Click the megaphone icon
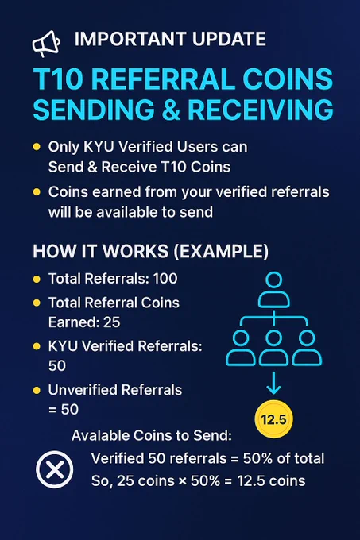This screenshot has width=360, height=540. [46, 44]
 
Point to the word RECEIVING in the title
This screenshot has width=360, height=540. [261, 110]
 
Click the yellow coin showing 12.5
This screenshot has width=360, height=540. [273, 419]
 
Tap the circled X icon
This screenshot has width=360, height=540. [54, 469]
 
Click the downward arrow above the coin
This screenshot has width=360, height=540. [273, 383]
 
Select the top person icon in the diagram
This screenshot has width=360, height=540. [274, 290]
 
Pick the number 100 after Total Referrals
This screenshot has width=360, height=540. [165, 278]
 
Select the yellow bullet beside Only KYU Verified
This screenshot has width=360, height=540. [37, 147]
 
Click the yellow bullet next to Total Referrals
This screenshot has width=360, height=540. [37, 279]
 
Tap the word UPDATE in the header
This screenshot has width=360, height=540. [229, 39]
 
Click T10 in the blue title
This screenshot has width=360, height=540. [59, 79]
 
